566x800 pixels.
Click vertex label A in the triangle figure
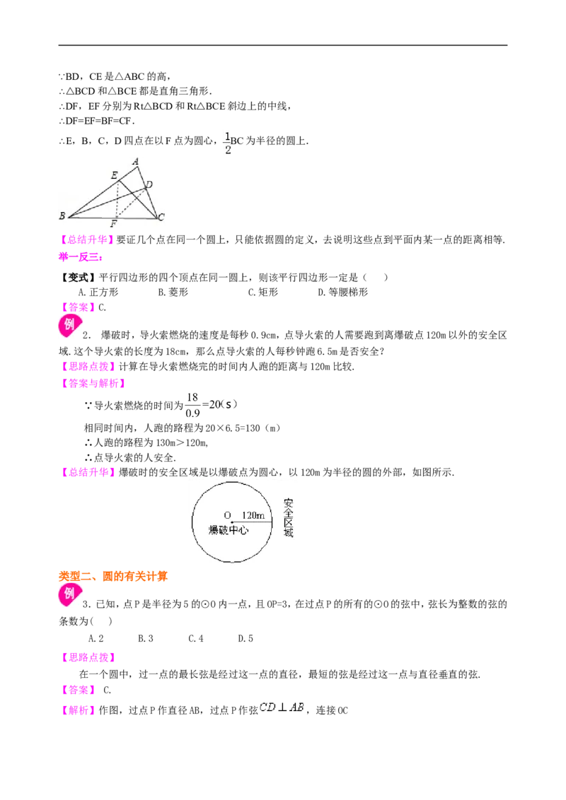(x=136, y=162)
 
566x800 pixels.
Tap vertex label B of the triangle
(x=62, y=216)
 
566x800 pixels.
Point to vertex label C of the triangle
(x=161, y=218)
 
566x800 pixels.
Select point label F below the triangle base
(x=113, y=224)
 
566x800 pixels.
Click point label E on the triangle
(x=115, y=175)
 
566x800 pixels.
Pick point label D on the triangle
(x=149, y=184)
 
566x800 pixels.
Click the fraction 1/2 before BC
(x=228, y=143)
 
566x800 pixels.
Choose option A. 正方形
(x=98, y=293)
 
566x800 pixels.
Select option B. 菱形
(x=173, y=293)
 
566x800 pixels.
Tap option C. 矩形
(x=263, y=293)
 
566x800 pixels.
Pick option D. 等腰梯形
(x=342, y=293)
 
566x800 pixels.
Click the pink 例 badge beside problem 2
(x=69, y=326)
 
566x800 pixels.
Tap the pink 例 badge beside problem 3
(x=69, y=595)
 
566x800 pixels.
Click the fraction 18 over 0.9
(x=192, y=405)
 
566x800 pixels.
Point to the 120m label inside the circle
(x=253, y=515)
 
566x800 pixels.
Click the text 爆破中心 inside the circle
(x=229, y=530)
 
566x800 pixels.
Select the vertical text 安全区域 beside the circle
(x=289, y=518)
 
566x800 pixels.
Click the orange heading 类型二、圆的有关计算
(x=113, y=577)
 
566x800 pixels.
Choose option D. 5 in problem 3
(x=246, y=638)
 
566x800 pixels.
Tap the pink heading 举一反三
(x=81, y=257)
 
